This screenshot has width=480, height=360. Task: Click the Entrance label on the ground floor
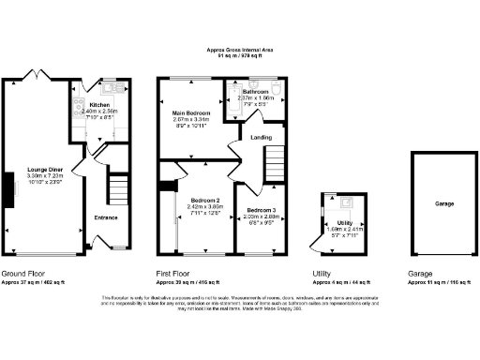tap(105, 217)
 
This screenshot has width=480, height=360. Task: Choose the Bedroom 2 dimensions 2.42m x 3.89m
tap(204, 208)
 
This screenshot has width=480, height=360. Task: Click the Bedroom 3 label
tap(260, 210)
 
